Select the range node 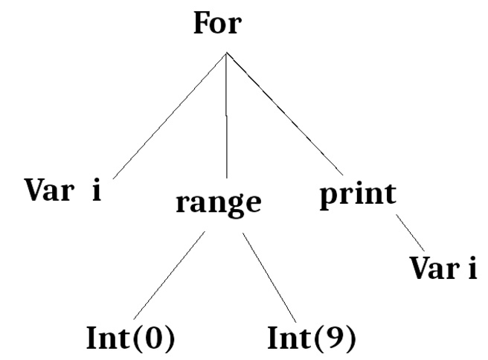point(219,202)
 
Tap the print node point(358,195)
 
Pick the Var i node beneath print point(443,268)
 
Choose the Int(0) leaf point(131,338)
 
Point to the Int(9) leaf point(312,338)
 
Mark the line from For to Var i point(170,115)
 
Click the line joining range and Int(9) point(270,276)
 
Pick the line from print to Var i point(411,232)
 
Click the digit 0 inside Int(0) point(155,339)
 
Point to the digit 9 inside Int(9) point(336,339)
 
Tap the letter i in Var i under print point(471,268)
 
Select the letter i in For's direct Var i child point(95,190)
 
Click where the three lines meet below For point(226,53)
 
